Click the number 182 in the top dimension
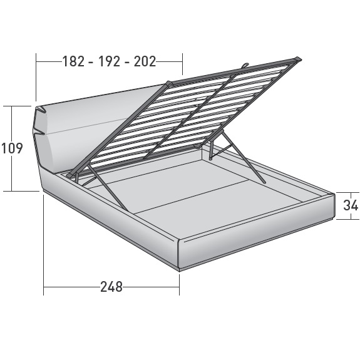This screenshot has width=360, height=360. [x=74, y=61]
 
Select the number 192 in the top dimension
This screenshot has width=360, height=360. [x=109, y=61]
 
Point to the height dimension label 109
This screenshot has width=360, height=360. [x=12, y=148]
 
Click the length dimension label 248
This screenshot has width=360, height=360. [x=111, y=287]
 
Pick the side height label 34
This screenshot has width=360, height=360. [x=351, y=205]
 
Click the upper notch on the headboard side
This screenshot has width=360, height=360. [x=41, y=111]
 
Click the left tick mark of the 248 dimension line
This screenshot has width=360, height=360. [x=44, y=287]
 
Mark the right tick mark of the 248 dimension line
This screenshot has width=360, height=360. [x=180, y=287]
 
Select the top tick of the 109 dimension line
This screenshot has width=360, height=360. [x=12, y=106]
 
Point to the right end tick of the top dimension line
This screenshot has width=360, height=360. [x=182, y=61]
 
